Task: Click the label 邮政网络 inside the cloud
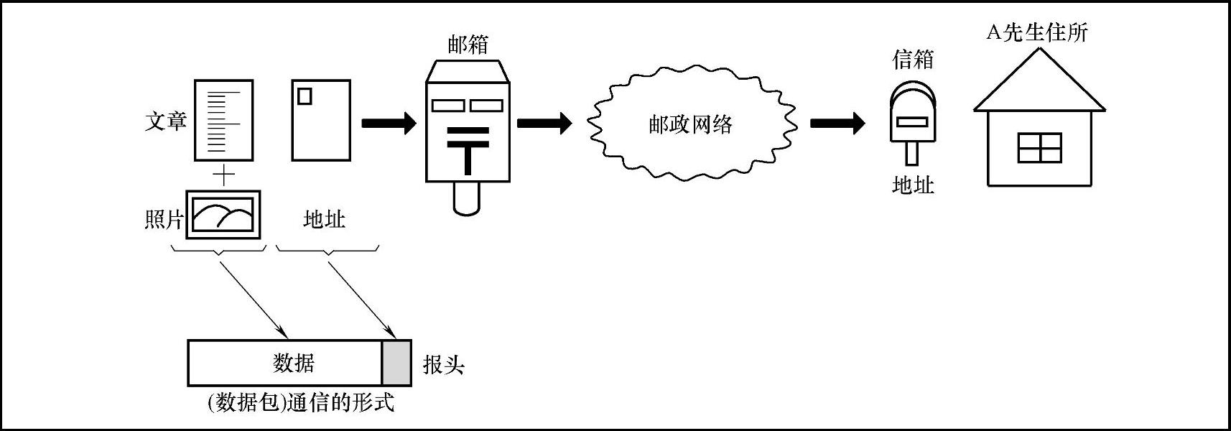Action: click(690, 125)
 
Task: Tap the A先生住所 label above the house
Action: click(1036, 32)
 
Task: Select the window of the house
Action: click(1039, 148)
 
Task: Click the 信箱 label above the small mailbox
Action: click(913, 59)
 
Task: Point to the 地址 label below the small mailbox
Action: click(913, 185)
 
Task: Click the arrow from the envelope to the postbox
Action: click(389, 123)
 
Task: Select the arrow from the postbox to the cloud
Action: click(544, 123)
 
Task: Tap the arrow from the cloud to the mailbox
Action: click(837, 123)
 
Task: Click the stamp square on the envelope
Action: click(305, 96)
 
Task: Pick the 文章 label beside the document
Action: click(166, 121)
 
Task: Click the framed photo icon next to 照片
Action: click(223, 215)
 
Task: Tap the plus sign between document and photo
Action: click(224, 175)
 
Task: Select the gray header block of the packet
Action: click(396, 363)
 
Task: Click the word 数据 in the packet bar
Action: click(294, 363)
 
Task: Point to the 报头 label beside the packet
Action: click(443, 365)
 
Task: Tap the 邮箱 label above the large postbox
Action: click(468, 45)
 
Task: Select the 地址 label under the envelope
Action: click(324, 219)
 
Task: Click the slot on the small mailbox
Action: click(912, 122)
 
